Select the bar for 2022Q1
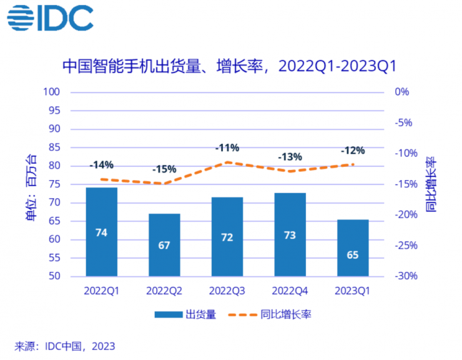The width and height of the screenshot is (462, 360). coord(101,232)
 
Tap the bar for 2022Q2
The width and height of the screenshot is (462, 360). coord(164,245)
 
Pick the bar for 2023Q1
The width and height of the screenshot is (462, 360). coord(353,248)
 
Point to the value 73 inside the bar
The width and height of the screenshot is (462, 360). coord(290,235)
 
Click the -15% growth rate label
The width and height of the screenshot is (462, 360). coord(164,169)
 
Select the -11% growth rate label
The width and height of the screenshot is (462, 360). coord(227,148)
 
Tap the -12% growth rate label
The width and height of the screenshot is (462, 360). coord(352,151)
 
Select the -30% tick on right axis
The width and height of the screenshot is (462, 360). coord(405,276)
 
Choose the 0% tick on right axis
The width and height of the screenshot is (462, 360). coord(402,92)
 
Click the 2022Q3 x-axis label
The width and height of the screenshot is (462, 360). coord(227,290)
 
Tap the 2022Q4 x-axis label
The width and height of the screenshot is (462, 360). coord(290,290)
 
